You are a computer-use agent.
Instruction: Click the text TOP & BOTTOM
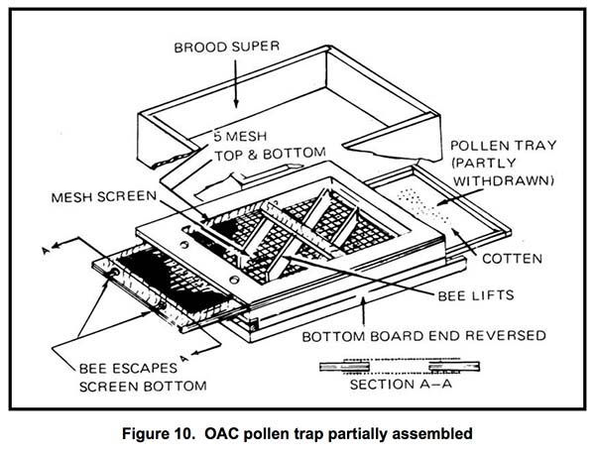click(x=254, y=157)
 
